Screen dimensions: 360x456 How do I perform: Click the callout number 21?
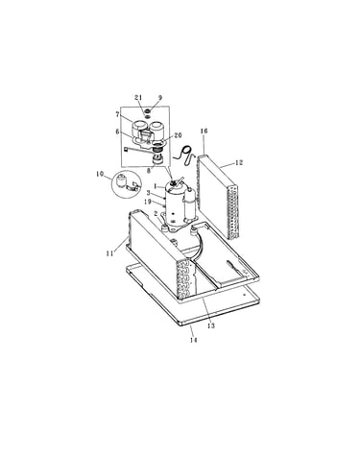138,98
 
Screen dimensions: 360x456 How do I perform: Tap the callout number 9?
160,98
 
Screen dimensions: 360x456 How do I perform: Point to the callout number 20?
178,135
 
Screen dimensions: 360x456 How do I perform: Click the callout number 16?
204,131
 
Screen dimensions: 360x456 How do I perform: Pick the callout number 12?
239,162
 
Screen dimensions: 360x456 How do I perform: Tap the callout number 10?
100,174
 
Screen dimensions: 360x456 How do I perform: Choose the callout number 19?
148,202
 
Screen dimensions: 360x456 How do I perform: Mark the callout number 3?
148,193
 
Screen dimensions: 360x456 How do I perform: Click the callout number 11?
109,253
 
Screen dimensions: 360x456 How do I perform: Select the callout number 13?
210,325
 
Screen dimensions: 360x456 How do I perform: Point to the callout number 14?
193,340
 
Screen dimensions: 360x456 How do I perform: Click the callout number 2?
156,213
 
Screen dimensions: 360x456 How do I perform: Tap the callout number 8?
149,171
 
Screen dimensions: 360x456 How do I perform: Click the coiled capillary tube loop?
184,156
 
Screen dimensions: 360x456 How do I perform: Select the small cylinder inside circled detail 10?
120,181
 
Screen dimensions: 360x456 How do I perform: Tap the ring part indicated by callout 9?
148,111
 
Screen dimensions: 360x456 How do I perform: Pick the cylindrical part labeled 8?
157,159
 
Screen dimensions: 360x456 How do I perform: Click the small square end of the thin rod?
126,149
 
